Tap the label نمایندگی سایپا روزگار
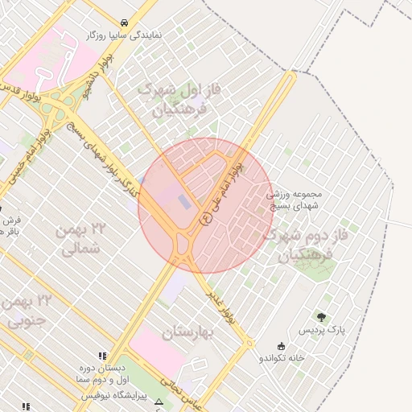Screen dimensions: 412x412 [x=125, y=35]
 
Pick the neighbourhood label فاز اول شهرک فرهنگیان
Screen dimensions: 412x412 [x=179, y=98]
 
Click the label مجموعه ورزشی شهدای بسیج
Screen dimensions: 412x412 [x=299, y=200]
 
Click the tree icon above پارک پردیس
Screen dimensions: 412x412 [x=323, y=317]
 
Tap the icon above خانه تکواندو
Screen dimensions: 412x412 [x=280, y=345]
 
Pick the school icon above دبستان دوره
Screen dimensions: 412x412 [x=101, y=356]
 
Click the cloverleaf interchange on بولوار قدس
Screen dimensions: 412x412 [x=58, y=108]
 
